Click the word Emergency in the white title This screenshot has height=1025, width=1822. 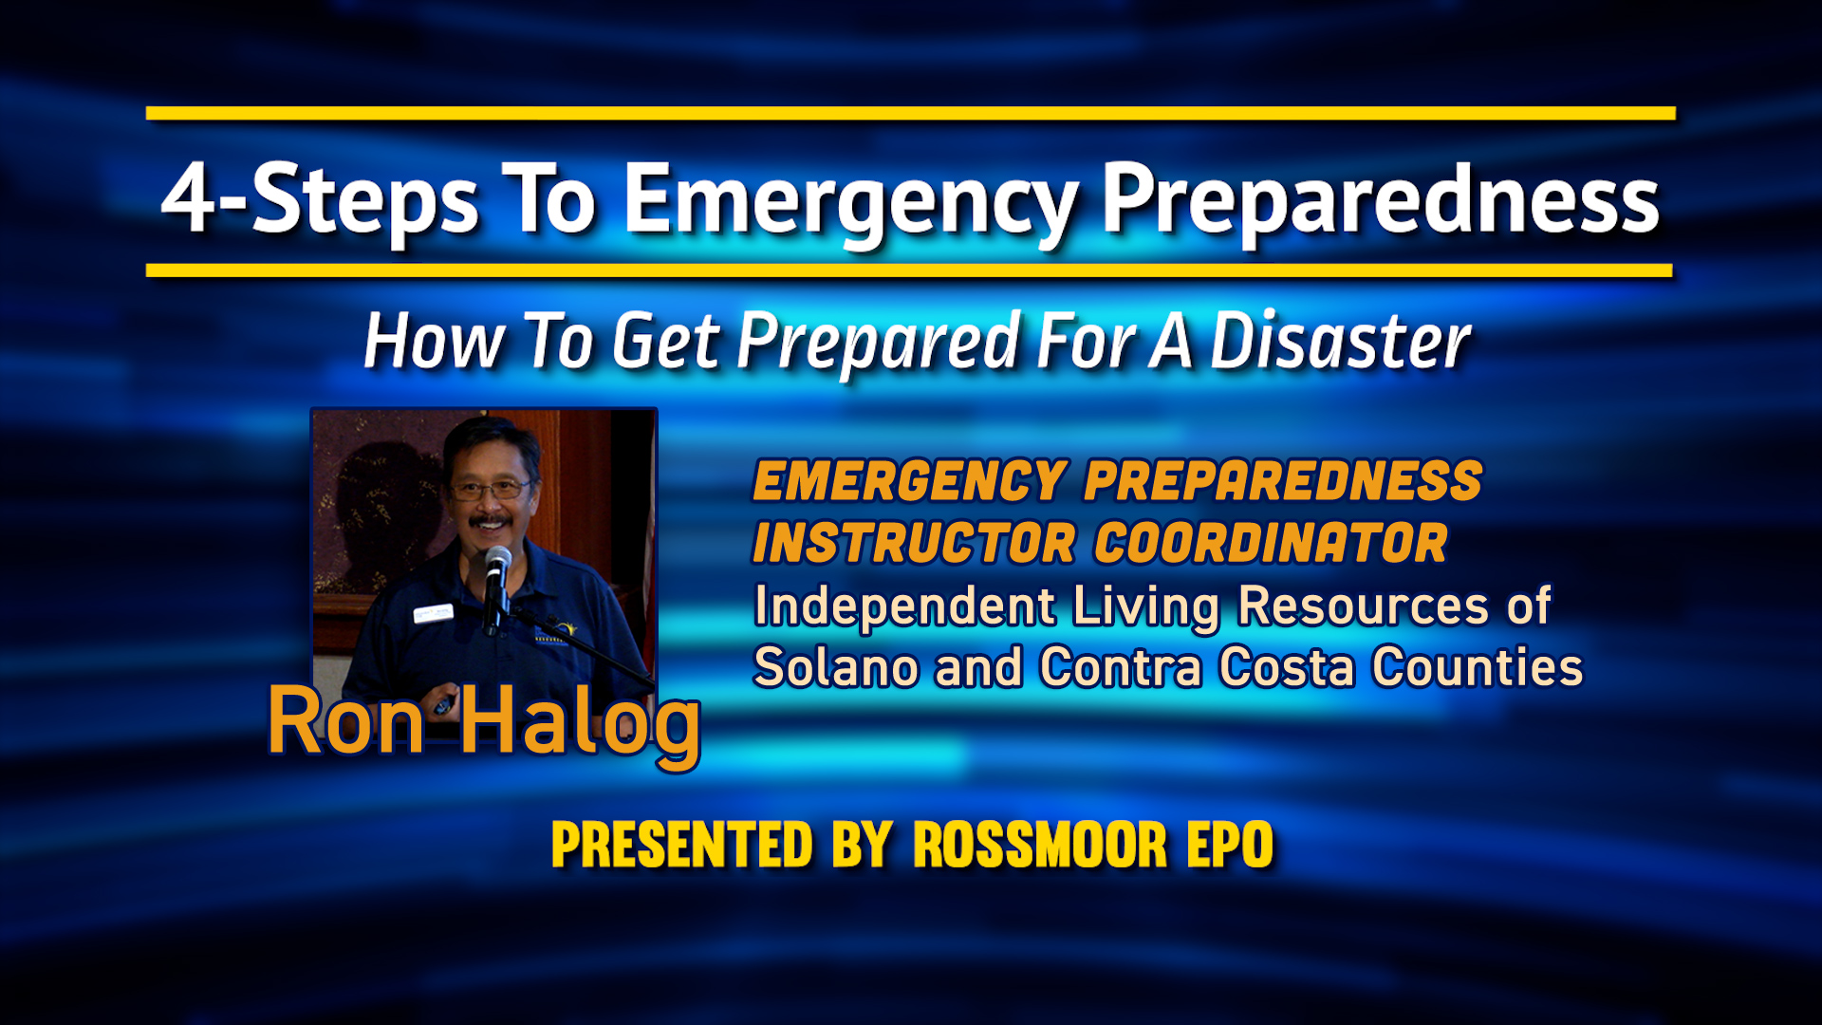[x=849, y=202]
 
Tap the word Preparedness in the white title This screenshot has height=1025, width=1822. [x=1381, y=200]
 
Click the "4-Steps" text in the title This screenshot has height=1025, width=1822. [x=320, y=200]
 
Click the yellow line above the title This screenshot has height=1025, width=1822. [x=911, y=113]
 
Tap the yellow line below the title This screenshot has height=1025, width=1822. [x=909, y=270]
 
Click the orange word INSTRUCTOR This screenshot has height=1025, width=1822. [x=914, y=543]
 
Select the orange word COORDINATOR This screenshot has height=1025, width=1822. [x=1271, y=543]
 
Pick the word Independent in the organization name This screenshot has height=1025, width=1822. [x=904, y=606]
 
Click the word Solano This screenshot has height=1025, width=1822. [x=835, y=667]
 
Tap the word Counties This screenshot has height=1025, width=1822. [x=1478, y=667]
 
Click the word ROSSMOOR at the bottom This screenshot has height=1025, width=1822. [x=1040, y=845]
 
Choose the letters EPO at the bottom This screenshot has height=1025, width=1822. [x=1230, y=845]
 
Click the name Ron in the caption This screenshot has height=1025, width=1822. [x=345, y=721]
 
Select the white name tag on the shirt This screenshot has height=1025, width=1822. [x=433, y=613]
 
